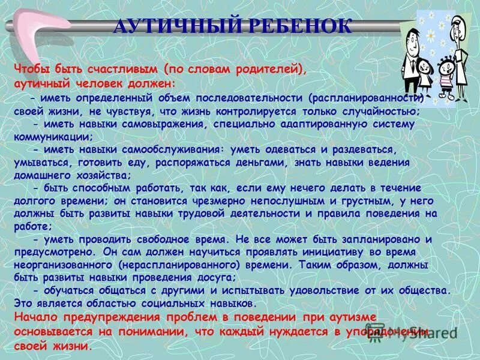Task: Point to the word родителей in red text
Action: pos(266,69)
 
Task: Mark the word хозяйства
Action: pos(98,175)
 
